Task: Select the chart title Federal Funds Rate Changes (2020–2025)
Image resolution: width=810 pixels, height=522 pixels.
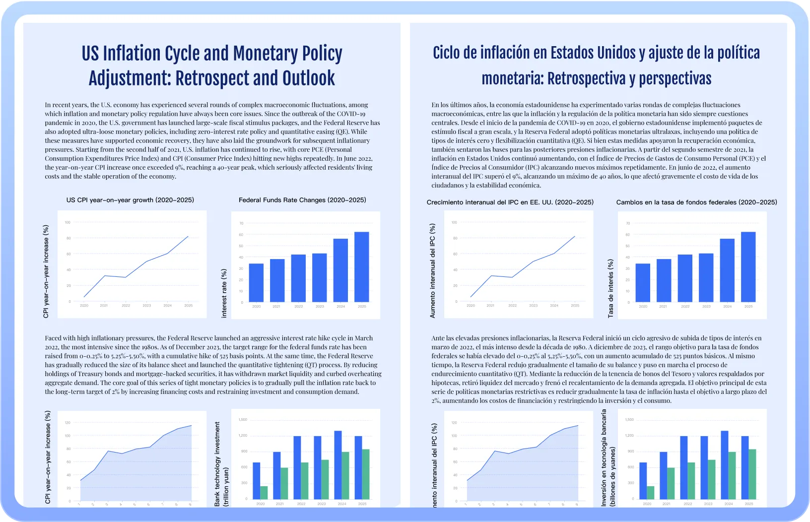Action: pyautogui.click(x=302, y=200)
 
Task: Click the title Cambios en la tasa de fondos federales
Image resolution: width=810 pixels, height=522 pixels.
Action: pyautogui.click(x=696, y=202)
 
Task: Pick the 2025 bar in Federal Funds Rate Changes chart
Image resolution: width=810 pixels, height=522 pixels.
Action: pyautogui.click(x=362, y=267)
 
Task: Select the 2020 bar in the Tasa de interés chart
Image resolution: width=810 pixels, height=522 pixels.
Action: pyautogui.click(x=643, y=283)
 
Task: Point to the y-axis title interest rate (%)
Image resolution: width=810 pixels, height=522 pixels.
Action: pyautogui.click(x=224, y=293)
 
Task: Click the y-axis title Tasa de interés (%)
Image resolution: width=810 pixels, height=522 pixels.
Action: pyautogui.click(x=610, y=288)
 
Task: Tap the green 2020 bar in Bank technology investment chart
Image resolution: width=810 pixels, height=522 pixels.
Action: pyautogui.click(x=264, y=492)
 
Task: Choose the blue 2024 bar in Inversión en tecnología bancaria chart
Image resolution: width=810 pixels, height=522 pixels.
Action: pyautogui.click(x=725, y=465)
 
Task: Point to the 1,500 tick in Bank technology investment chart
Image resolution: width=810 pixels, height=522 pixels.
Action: pyautogui.click(x=243, y=420)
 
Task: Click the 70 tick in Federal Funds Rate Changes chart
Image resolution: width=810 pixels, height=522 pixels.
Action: pyautogui.click(x=241, y=224)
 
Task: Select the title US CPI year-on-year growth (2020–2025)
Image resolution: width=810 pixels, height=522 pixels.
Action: pyautogui.click(x=130, y=200)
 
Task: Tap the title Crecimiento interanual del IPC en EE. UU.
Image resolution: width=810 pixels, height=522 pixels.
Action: pyautogui.click(x=510, y=202)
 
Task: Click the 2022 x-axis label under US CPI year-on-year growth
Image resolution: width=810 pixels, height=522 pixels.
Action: pyautogui.click(x=126, y=306)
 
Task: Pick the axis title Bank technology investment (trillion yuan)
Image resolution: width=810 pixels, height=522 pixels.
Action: pyautogui.click(x=221, y=464)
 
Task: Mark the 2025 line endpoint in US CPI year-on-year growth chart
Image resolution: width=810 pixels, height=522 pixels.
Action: pyautogui.click(x=188, y=236)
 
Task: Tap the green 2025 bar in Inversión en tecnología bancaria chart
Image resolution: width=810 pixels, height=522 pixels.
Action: pyautogui.click(x=752, y=474)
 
